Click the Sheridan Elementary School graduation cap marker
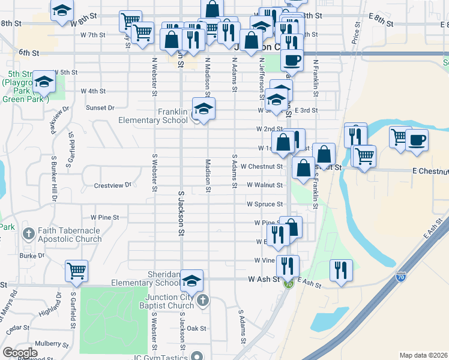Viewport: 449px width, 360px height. point(191,281)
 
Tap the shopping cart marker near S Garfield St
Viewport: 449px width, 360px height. point(76,272)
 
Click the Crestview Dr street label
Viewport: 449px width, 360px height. point(112,185)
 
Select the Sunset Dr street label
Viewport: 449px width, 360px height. point(100,108)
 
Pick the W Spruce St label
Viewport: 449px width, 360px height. point(264,204)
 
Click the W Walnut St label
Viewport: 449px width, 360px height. point(264,185)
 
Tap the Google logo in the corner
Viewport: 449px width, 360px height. point(19,353)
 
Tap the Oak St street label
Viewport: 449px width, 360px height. point(196,329)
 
